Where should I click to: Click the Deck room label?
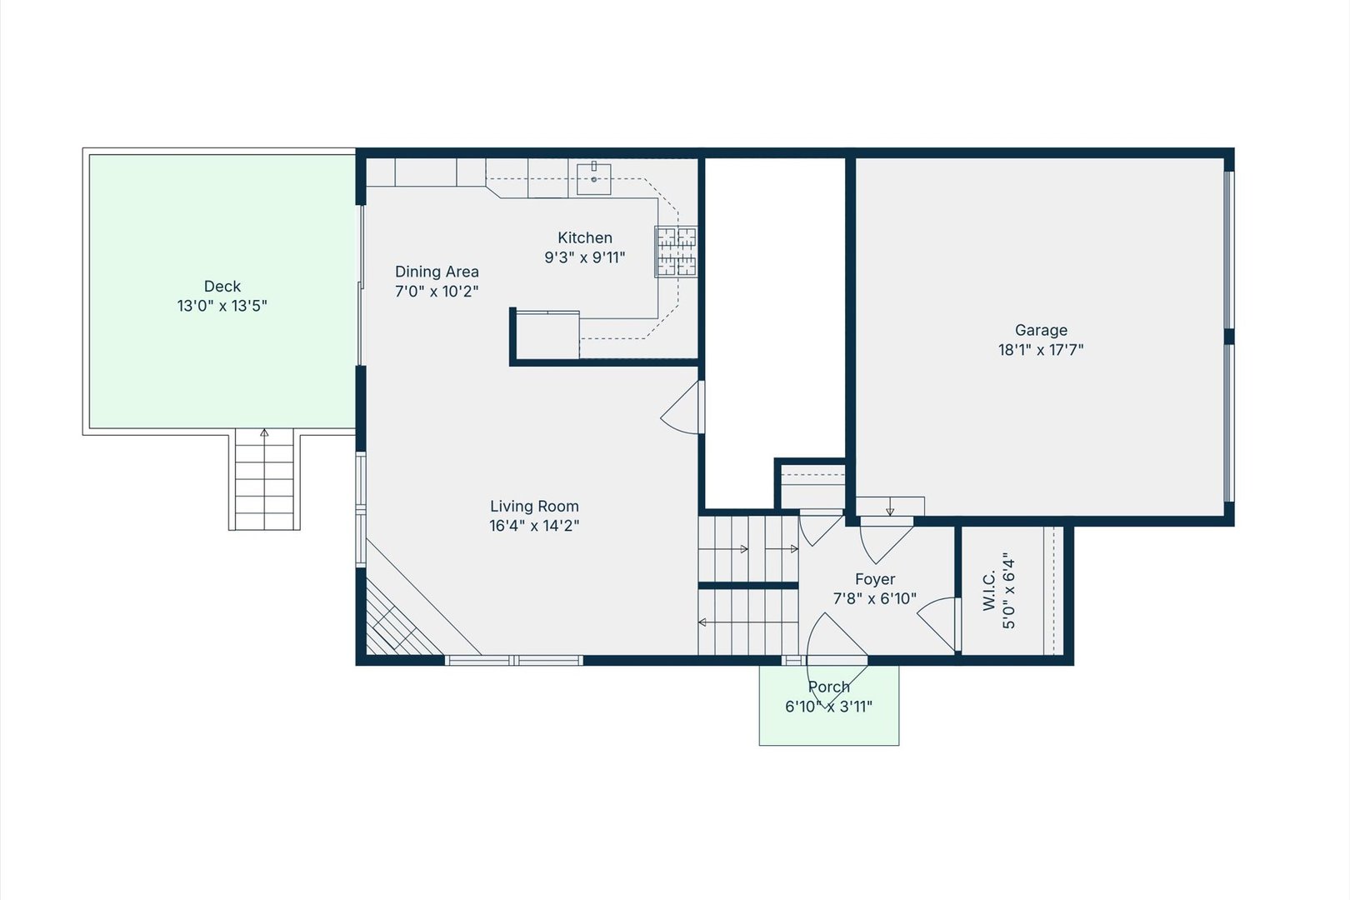[x=222, y=286]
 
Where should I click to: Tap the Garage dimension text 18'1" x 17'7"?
[x=1041, y=350]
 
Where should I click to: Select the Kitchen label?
[x=585, y=237]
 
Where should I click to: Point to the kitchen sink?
[x=593, y=178]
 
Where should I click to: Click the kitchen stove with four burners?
[x=676, y=252]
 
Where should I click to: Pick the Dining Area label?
[x=437, y=272]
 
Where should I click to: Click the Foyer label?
[x=875, y=579]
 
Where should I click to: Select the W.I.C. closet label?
[x=988, y=591]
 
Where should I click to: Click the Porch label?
[x=829, y=687]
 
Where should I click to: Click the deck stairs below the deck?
[x=264, y=480]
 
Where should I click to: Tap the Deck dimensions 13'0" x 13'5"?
[x=222, y=306]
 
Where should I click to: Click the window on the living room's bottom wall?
[x=514, y=661]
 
